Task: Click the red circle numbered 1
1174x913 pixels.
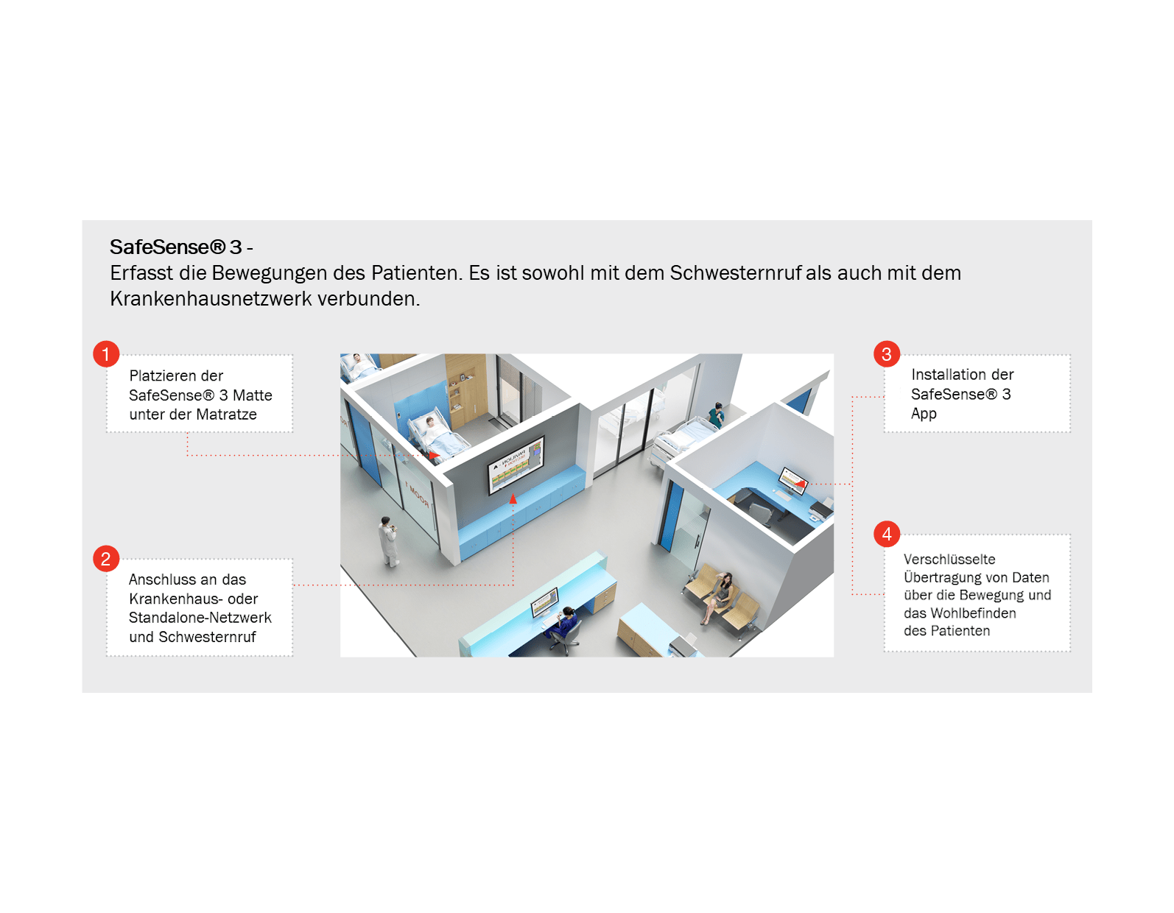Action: (106, 354)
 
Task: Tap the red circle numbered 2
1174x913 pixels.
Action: (106, 559)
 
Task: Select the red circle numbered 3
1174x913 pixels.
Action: (887, 354)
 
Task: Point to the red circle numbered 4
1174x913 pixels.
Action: (887, 534)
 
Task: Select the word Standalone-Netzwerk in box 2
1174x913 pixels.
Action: (200, 618)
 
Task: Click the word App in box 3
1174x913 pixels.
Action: (924, 414)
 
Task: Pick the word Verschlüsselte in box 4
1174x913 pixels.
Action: (949, 560)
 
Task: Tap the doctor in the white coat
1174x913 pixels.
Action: (388, 541)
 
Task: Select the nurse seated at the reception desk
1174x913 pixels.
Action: (565, 624)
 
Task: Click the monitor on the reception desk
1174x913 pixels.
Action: (544, 602)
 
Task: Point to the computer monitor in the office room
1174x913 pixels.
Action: (793, 479)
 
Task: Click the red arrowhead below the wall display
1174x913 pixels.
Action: (513, 499)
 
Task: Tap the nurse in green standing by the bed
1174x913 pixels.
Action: (716, 415)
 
